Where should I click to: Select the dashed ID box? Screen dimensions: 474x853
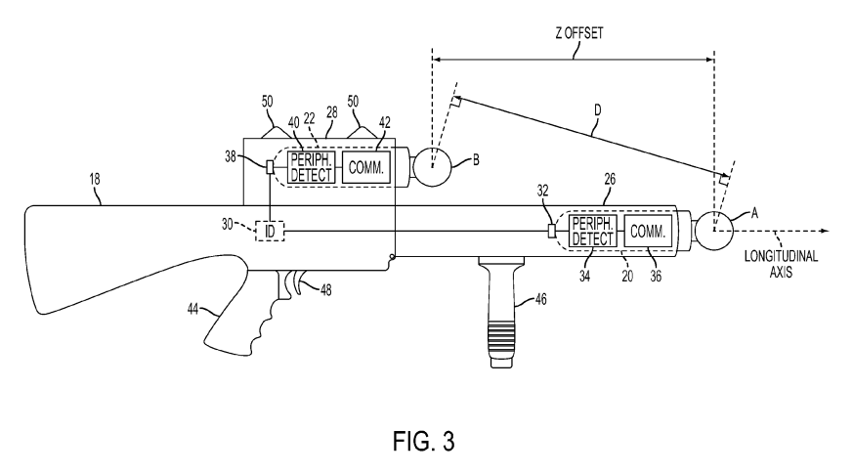269,231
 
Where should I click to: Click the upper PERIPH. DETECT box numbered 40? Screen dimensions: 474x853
311,167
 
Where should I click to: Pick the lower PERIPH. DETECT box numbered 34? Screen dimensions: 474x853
592,232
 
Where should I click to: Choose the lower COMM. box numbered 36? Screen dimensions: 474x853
648,232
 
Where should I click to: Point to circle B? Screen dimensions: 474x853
435,164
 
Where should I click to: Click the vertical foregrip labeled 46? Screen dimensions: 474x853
501,313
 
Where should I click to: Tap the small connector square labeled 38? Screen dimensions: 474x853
269,167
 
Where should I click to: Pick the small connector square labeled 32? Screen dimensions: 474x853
552,231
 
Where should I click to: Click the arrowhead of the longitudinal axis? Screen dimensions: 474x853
826,231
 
